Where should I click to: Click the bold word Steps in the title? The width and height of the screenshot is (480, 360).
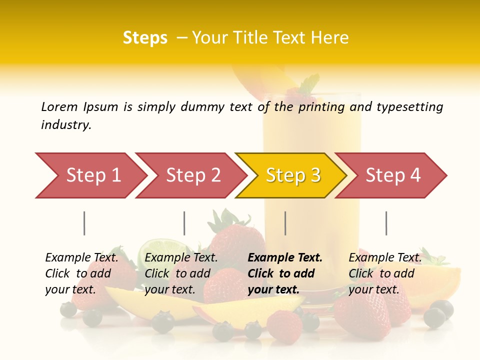point(145,38)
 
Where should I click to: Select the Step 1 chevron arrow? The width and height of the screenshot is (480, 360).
point(90,175)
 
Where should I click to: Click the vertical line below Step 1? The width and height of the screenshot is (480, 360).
point(84,223)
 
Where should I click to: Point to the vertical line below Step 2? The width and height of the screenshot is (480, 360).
point(184,223)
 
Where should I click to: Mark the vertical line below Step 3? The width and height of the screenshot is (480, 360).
point(285,223)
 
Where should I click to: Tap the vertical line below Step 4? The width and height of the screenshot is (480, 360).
point(386,223)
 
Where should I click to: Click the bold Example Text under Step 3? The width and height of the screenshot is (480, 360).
point(285,273)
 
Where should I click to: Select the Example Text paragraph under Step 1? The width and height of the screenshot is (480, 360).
point(82,273)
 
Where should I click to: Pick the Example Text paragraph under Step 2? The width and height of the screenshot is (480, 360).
point(181,273)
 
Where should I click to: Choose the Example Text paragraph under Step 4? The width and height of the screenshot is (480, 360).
point(385,273)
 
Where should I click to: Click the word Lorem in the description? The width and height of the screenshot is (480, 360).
point(59,107)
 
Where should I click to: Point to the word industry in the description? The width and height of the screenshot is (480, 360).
point(66,125)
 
